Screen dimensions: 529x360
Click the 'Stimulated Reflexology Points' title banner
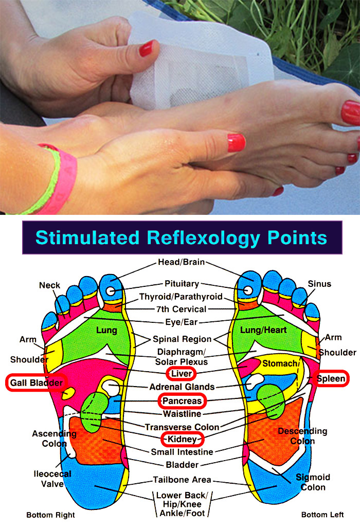coord(181,238)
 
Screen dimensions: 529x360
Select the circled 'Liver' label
coord(182,372)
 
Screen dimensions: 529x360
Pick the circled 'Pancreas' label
coord(182,400)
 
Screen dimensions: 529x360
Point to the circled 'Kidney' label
coord(183,439)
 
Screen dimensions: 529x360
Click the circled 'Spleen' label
coord(331,379)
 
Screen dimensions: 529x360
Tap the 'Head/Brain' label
coord(181,262)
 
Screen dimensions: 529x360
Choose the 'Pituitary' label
coord(182,284)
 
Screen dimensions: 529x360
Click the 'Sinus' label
coord(319,284)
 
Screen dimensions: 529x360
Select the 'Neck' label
coord(49,285)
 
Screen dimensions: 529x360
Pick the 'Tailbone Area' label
coord(182,480)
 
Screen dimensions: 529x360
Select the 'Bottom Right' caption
coord(50,515)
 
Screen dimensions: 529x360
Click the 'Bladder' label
coord(182,465)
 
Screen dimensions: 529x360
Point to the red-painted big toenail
coord(351,113)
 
